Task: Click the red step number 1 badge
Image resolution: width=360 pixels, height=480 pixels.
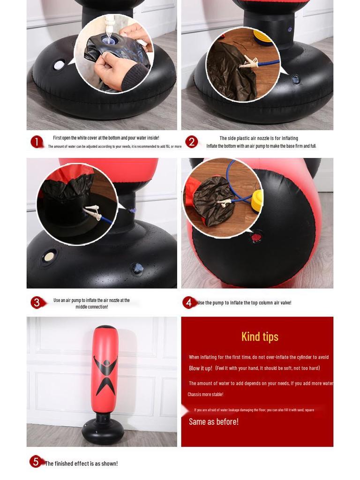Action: coord(37,142)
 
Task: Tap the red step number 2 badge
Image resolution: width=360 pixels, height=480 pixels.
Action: coord(191,142)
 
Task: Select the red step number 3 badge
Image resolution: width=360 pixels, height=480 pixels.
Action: coord(37,302)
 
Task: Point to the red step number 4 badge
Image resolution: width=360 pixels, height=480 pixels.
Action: coord(188,302)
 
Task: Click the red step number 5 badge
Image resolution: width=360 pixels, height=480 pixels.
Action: coord(36,462)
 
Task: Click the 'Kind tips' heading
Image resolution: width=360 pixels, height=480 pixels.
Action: coord(260,337)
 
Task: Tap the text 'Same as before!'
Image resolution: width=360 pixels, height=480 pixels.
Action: coord(214,421)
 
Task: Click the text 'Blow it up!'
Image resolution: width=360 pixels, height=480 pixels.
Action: coord(201,368)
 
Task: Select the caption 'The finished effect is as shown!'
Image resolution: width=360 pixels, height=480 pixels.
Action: coord(81,464)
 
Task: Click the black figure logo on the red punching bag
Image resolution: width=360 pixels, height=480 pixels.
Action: coord(105,375)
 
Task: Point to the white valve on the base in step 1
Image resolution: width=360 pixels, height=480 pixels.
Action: coord(59,65)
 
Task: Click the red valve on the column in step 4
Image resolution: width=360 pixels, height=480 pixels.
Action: coord(256,237)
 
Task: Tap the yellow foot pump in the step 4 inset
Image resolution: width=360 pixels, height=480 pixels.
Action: coord(257,201)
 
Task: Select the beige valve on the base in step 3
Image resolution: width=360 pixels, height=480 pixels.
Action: coord(49,256)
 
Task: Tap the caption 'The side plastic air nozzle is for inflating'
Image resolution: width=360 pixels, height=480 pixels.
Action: coord(259,138)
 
